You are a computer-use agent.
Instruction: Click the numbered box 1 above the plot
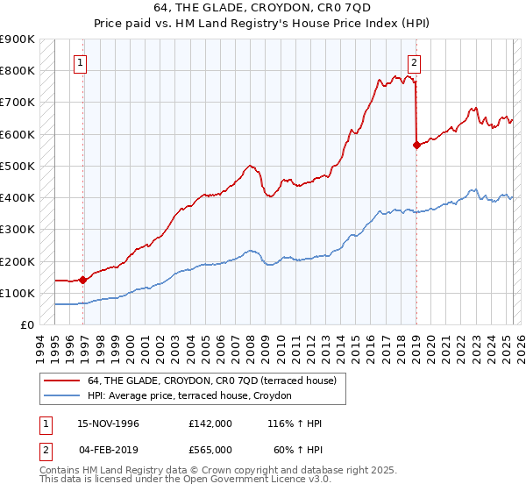pyautogui.click(x=80, y=62)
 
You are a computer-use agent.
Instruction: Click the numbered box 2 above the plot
pyautogui.click(x=413, y=62)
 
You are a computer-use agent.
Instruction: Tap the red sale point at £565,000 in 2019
pyautogui.click(x=416, y=146)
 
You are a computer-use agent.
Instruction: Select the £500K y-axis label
pyautogui.click(x=19, y=166)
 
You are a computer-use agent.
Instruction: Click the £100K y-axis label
pyautogui.click(x=19, y=293)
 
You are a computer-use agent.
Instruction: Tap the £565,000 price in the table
pyautogui.click(x=210, y=449)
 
